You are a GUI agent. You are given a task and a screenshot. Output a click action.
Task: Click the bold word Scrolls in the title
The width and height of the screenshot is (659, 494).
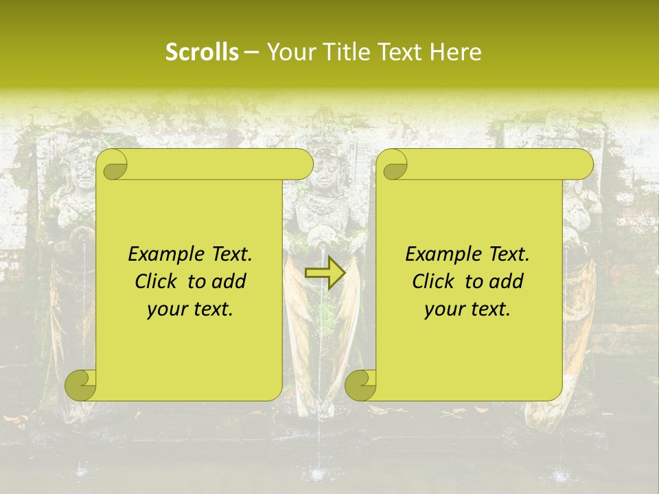pos(203,52)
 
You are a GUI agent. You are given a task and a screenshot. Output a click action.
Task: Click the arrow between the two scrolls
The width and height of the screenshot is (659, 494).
pos(325,273)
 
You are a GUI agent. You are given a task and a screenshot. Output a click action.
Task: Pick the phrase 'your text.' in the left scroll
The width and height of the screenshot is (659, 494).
pos(190,309)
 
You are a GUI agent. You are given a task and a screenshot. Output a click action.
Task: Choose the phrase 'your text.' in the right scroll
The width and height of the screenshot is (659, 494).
pos(467,309)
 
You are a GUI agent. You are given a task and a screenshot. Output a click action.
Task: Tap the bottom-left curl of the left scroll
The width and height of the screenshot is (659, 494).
pos(81,385)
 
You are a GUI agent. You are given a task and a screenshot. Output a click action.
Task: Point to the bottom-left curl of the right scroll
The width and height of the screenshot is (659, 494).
pos(360,385)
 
